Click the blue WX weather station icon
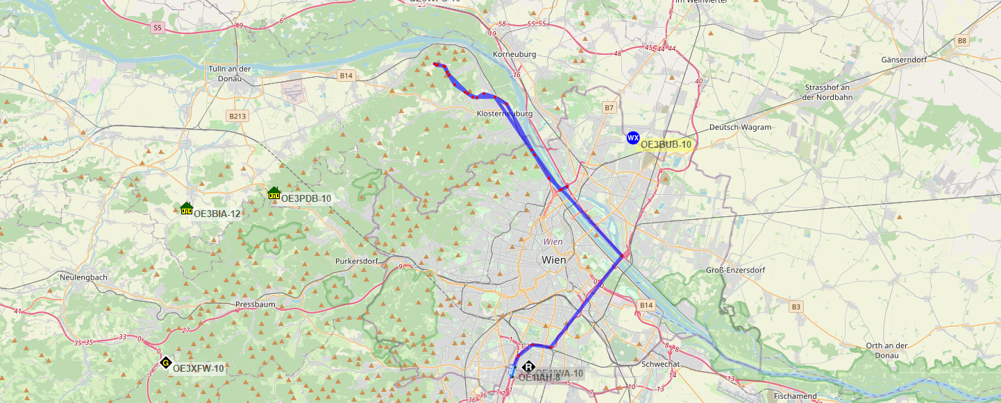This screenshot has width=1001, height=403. click(x=632, y=138)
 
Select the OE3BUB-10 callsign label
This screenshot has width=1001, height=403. click(x=666, y=144)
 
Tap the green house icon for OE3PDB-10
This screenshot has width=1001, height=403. click(x=274, y=193)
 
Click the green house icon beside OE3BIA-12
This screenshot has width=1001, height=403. click(x=186, y=208)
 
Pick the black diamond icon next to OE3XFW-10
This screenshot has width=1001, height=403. click(x=165, y=362)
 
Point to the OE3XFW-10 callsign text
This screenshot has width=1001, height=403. click(x=198, y=368)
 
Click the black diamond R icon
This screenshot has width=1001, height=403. click(x=528, y=367)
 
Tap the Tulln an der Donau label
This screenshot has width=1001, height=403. click(x=229, y=74)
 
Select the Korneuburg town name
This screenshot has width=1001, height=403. click(x=514, y=54)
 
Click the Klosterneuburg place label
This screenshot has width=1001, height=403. click(x=505, y=113)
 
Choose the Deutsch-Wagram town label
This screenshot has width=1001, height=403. click(x=740, y=128)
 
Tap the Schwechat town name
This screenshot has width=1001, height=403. click(x=662, y=363)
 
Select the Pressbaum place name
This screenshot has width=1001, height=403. click(x=256, y=304)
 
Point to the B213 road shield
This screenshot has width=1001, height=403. click(x=237, y=116)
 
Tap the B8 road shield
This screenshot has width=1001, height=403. click(x=961, y=41)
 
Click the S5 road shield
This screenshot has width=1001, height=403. click(x=158, y=28)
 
